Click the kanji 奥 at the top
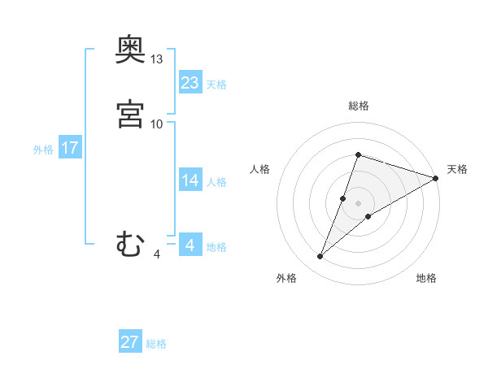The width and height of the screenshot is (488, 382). pos(130,50)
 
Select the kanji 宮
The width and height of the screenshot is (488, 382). pos(130,114)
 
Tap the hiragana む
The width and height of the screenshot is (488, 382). pos(130,243)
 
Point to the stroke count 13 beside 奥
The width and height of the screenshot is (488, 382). pos(157,59)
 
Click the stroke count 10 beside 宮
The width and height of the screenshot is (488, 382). pos(157,124)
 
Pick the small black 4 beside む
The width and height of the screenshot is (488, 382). pos(157,254)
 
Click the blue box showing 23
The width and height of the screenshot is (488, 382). pos(190,82)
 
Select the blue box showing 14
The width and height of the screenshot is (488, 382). pos(190,180)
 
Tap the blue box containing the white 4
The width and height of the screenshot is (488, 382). pos(190,245)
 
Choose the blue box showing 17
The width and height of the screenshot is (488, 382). pos(70,148)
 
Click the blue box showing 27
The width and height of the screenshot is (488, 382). pos(130,341)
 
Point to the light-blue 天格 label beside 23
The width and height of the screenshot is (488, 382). pos(216,85)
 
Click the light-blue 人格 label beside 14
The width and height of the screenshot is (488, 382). pos(216,182)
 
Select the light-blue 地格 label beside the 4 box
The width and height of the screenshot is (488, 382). pos(216,247)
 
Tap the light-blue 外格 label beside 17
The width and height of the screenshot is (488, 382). pos(43,150)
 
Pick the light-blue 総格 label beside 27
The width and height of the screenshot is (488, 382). pos(156,344)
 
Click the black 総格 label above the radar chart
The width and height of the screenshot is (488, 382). pos(359,106)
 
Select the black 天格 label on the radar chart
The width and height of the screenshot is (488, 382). pos(457,169)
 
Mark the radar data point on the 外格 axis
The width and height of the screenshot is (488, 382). pos(320,257)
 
